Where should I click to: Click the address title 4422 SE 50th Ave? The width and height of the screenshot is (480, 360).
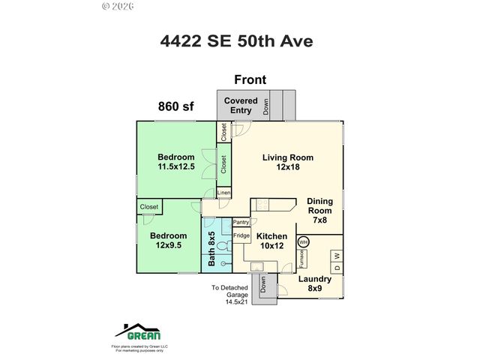240,42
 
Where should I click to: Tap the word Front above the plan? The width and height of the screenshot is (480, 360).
250,79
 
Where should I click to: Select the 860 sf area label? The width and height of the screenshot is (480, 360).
175,106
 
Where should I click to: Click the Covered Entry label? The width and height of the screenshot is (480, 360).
241,106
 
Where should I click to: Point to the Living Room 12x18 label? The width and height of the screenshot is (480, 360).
287,163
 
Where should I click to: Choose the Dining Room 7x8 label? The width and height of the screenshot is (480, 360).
319,211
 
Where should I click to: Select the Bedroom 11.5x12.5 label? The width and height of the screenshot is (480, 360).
176,162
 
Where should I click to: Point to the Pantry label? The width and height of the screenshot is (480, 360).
241,222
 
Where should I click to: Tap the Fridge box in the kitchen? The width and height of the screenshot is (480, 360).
241,236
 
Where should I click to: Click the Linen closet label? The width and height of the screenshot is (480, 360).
223,193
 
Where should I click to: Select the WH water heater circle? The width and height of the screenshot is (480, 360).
304,242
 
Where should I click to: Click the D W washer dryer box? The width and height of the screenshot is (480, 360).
337,262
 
